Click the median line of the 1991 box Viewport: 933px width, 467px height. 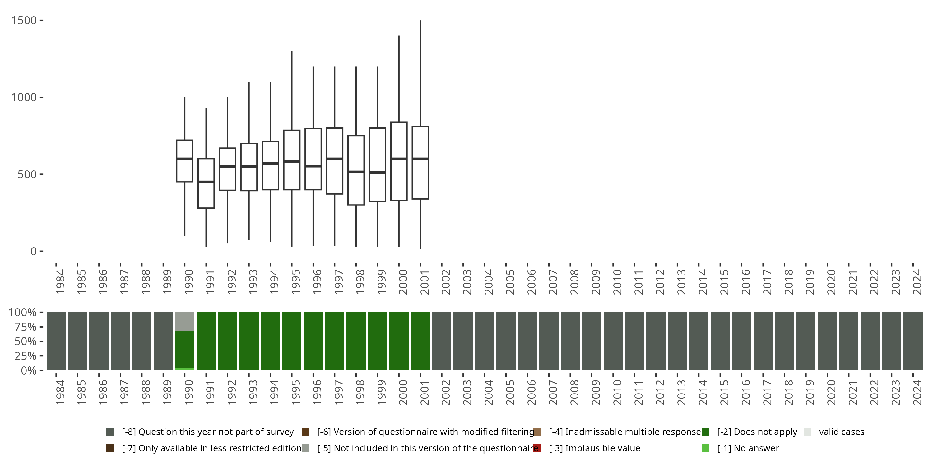pos(206,182)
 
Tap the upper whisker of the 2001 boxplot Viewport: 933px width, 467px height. pos(420,73)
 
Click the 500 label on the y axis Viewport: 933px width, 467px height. pos(27,174)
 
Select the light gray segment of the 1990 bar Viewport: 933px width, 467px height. pos(185,321)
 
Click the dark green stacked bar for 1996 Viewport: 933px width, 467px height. pos(313,341)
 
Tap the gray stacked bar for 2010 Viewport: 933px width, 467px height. pos(613,341)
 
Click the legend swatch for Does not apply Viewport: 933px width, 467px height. pos(705,432)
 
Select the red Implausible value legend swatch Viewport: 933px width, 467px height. pos(537,448)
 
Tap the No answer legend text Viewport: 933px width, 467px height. pos(748,448)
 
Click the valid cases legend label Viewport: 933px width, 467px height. pos(841,432)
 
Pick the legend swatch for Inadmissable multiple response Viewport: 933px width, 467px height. pos(537,432)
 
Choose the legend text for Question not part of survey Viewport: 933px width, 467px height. pos(207,432)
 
